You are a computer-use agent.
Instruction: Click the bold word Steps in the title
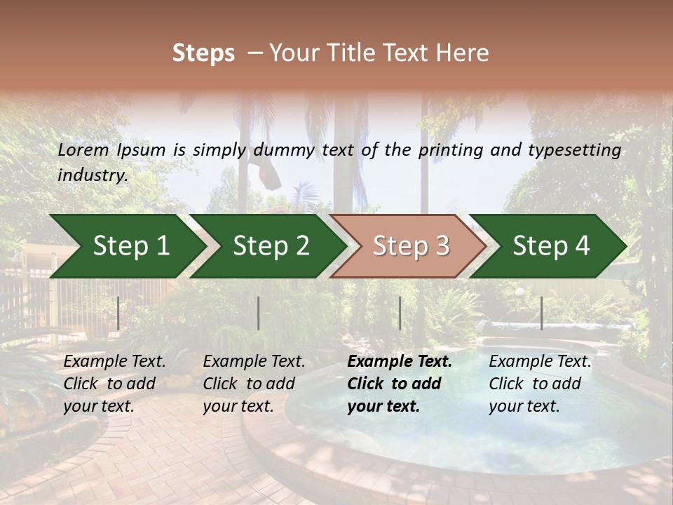click(203, 53)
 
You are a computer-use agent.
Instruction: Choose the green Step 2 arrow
click(270, 245)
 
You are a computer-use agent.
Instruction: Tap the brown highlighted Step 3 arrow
click(410, 245)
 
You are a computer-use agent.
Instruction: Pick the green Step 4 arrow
click(550, 245)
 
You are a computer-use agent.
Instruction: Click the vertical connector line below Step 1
click(118, 313)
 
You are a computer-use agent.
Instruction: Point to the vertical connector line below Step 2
click(259, 313)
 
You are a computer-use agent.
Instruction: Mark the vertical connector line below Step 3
click(400, 313)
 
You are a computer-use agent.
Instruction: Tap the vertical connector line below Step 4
click(541, 313)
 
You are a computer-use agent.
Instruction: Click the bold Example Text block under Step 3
click(399, 384)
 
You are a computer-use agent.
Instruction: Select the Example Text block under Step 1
click(114, 384)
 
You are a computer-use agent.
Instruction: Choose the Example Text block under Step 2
click(253, 384)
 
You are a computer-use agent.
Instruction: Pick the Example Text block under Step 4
click(539, 384)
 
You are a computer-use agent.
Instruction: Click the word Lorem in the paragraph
click(83, 149)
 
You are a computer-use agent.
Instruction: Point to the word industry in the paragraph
click(93, 175)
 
